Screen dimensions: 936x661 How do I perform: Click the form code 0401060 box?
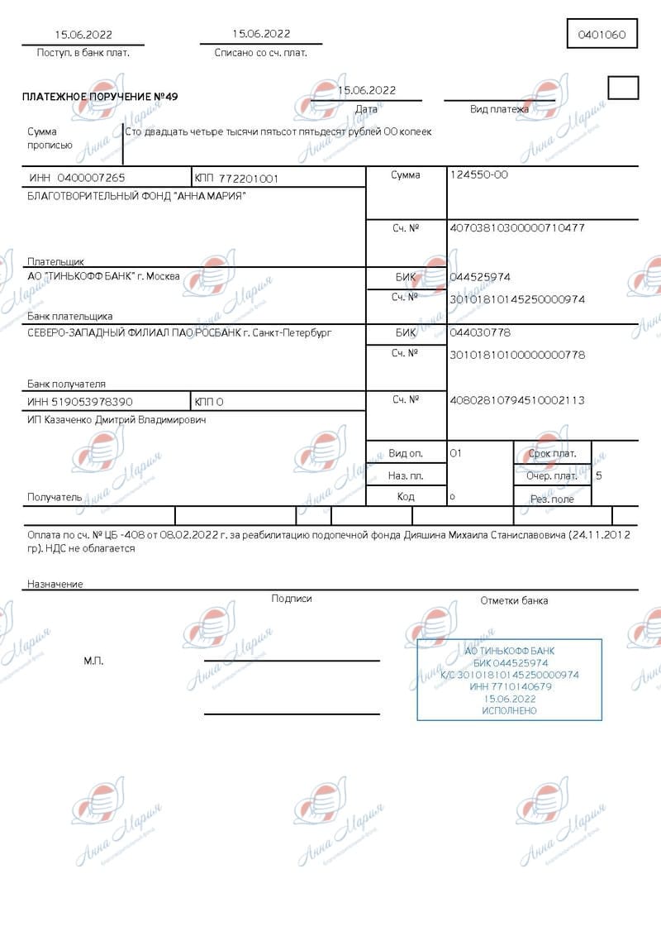[602, 35]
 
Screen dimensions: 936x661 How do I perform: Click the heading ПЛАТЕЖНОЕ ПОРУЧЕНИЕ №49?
[100, 97]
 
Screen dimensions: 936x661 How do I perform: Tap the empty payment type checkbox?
[623, 88]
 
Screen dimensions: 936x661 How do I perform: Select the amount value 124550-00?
[478, 174]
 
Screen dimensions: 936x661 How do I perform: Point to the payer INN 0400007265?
[77, 178]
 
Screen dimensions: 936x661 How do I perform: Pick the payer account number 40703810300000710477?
[516, 227]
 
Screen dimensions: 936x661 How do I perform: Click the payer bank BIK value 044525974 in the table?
[480, 277]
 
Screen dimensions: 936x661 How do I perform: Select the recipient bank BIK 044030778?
[480, 332]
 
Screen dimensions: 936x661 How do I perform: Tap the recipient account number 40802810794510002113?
[516, 400]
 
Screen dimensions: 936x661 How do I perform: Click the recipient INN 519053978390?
[80, 402]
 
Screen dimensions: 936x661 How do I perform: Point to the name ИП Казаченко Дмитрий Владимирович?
[117, 420]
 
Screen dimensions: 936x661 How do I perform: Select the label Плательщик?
[55, 261]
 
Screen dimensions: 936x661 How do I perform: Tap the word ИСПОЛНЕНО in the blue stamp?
[510, 710]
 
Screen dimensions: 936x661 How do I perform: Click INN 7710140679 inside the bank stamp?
[510, 686]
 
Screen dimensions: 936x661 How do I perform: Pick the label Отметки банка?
[514, 600]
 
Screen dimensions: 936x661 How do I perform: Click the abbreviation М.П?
[93, 661]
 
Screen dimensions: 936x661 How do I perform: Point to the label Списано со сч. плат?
[260, 52]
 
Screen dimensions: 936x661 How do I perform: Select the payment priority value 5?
[599, 475]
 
